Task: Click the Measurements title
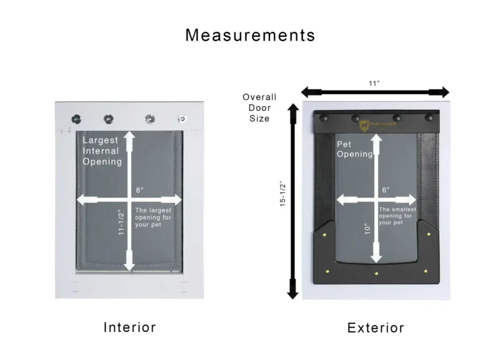click(249, 35)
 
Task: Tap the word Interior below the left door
click(129, 327)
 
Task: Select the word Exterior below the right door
click(375, 328)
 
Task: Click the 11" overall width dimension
click(375, 82)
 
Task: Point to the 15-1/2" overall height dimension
click(283, 194)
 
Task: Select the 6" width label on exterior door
click(385, 190)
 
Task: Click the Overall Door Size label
click(259, 107)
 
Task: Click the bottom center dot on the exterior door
click(376, 273)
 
